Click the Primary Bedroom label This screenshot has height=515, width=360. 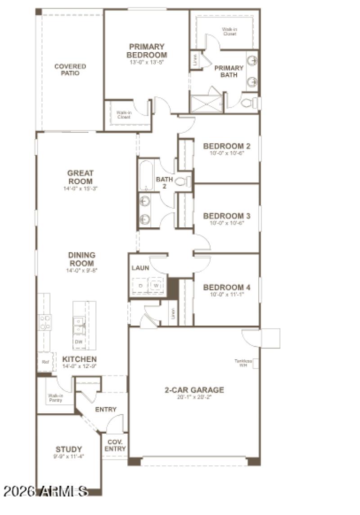(147, 51)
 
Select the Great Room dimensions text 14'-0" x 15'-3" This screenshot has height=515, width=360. (81, 189)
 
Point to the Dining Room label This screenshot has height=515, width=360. (81, 259)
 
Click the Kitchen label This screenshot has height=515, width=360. (79, 359)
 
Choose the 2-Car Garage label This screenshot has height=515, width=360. (194, 390)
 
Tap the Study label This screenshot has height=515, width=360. (69, 449)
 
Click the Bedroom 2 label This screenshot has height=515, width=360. (226, 146)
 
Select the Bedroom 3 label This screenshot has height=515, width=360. (226, 216)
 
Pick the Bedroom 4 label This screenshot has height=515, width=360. (226, 287)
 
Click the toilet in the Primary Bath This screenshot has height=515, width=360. (247, 103)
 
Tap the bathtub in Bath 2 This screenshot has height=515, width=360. (146, 176)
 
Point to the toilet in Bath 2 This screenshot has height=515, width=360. (183, 182)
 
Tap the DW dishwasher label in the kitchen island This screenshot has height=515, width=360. (78, 342)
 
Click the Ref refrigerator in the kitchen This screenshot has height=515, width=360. (45, 361)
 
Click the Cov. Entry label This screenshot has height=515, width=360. (115, 445)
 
